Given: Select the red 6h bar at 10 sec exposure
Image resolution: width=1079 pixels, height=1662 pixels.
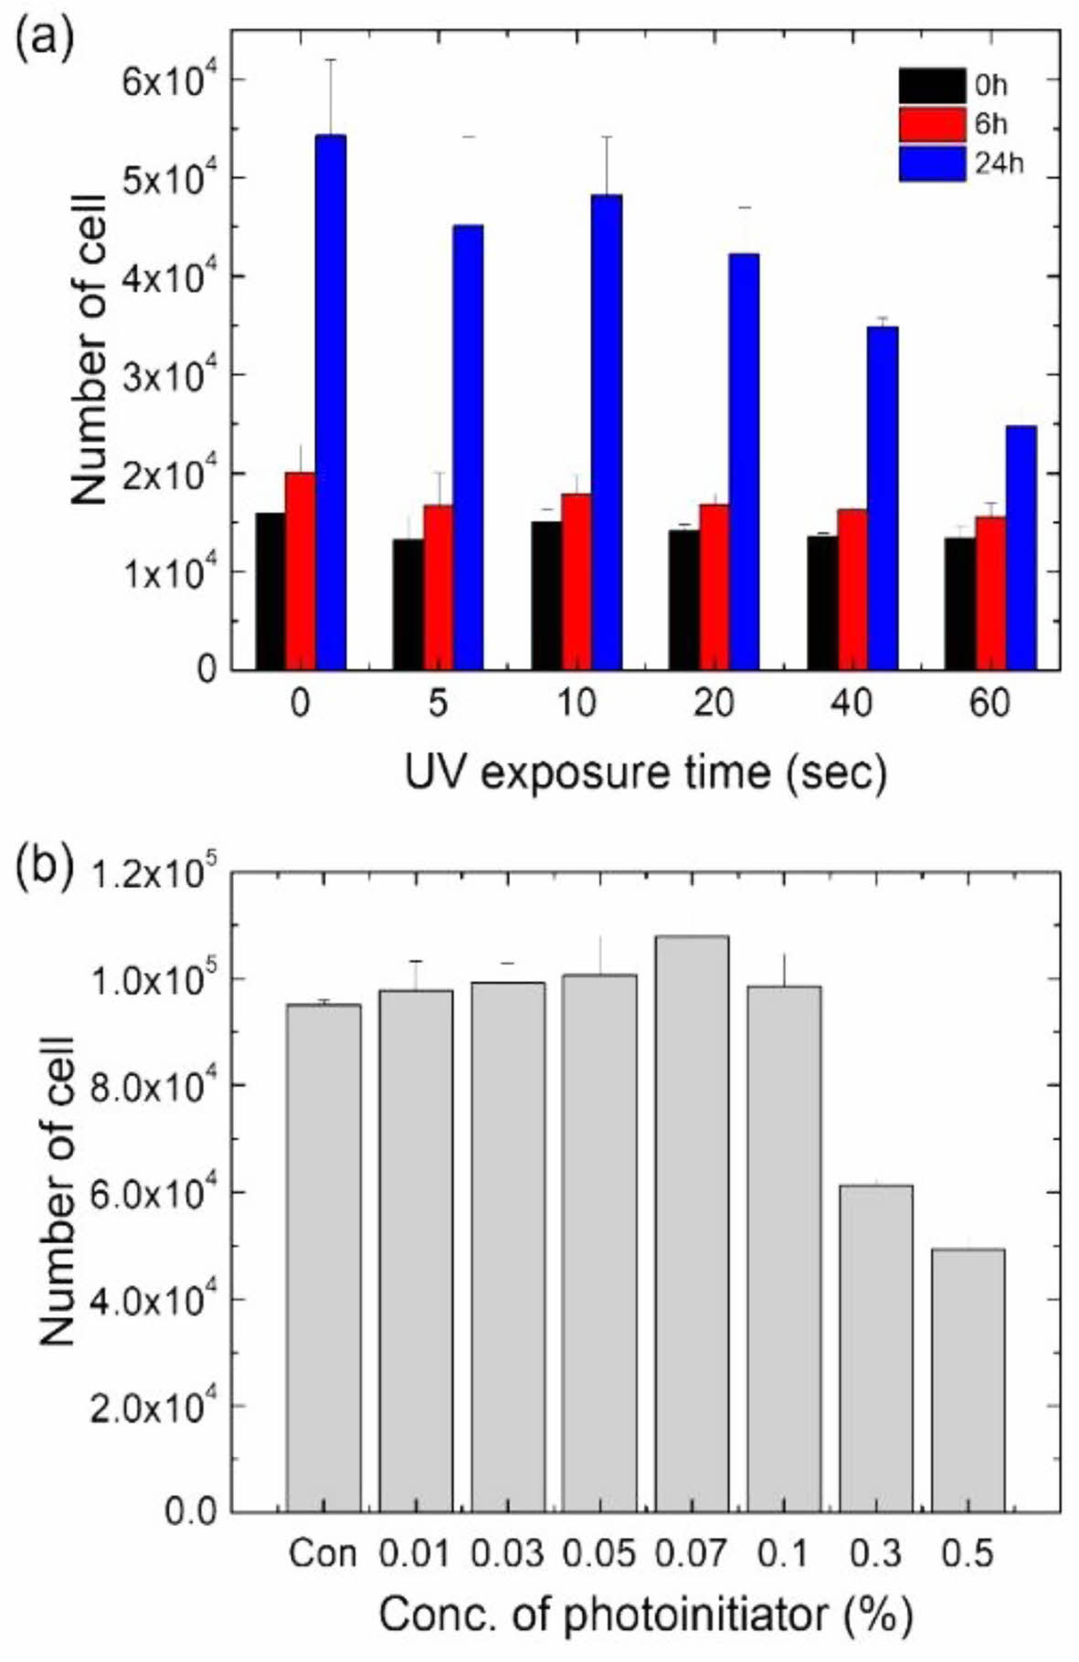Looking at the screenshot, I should click(576, 581).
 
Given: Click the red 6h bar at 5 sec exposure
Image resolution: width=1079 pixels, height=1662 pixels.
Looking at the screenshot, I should click(438, 587).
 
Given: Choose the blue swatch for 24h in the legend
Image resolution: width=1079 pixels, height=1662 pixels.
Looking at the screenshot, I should click(931, 164).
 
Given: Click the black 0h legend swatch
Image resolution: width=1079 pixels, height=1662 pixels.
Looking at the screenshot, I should click(931, 86).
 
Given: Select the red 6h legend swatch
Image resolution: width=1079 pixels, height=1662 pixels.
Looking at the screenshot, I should click(931, 124).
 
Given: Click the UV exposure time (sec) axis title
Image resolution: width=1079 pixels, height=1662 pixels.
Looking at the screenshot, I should click(645, 773).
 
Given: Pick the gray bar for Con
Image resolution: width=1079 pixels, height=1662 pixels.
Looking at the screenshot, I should click(323, 1258).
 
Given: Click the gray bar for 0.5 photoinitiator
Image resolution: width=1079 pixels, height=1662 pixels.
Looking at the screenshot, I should click(968, 1380).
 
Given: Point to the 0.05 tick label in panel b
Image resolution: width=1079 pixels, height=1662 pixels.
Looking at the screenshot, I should click(599, 1553).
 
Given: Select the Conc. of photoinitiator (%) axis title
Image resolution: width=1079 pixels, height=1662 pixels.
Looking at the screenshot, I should click(645, 1616).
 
